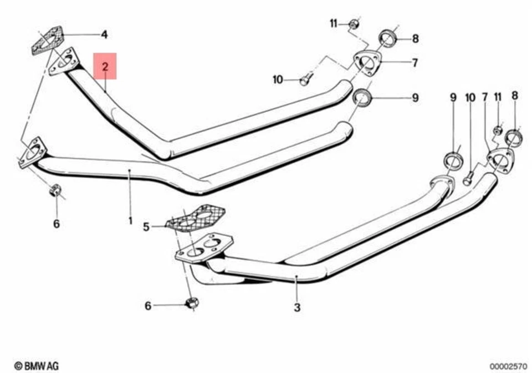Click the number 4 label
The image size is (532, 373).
coord(104,35)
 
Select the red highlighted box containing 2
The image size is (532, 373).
coord(105,67)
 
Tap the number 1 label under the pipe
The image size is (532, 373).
coord(130,220)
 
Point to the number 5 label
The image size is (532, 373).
coord(146,226)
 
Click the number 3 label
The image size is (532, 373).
coord(297,307)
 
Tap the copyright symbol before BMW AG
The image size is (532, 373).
coord(18,365)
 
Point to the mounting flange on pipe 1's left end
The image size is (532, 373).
coord(32,152)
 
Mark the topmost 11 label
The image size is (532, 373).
coord(334,23)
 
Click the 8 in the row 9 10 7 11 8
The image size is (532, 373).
coord(514,96)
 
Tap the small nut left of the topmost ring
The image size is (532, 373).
coord(353,24)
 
